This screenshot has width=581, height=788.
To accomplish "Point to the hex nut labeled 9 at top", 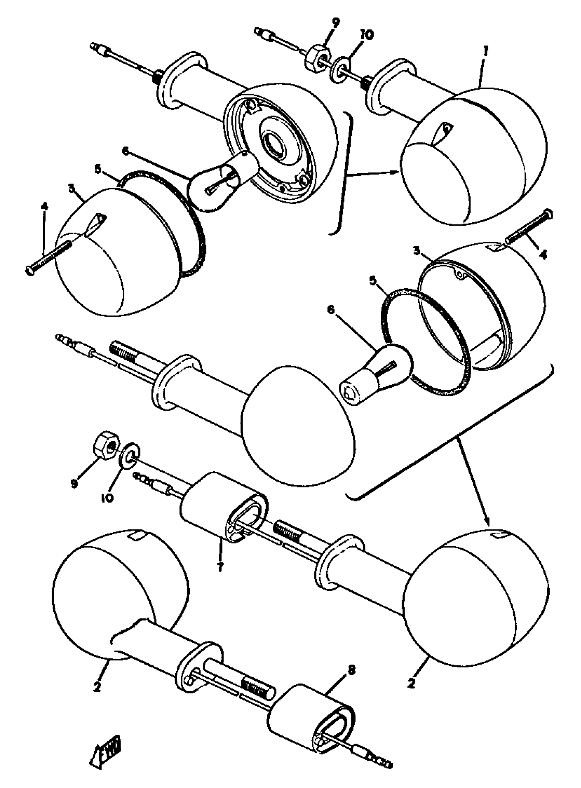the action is click(x=318, y=57).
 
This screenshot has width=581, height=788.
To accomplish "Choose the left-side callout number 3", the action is click(x=72, y=189).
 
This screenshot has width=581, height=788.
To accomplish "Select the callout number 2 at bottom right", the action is click(x=411, y=683).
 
